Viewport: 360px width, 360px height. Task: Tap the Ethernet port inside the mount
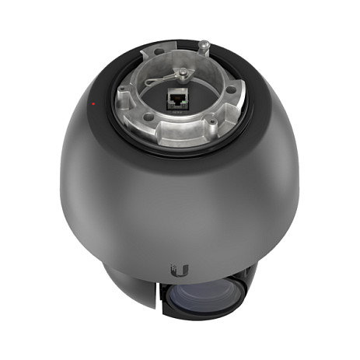click(175, 100)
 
